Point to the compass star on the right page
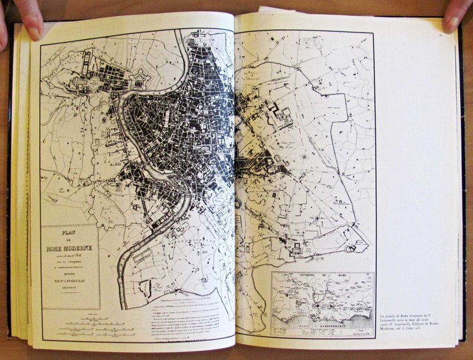click(303, 157)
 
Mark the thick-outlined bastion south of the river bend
click(147, 287)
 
